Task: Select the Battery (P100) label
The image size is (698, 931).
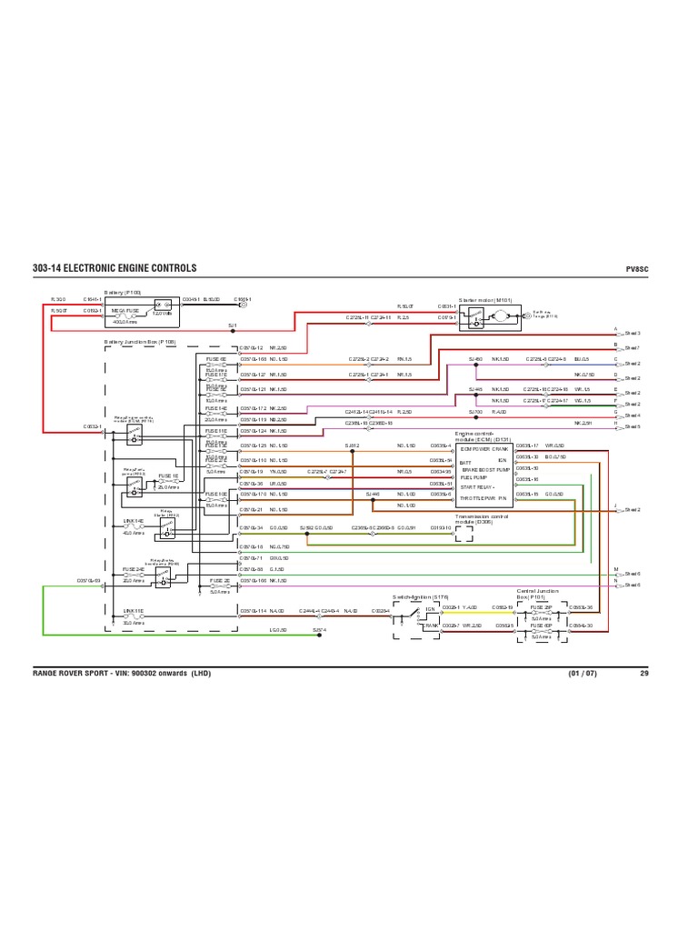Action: pos(122,293)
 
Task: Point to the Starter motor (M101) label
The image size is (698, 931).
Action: pos(485,298)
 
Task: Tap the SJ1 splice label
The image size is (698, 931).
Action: pos(232,325)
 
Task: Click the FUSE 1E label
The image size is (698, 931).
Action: pos(169,476)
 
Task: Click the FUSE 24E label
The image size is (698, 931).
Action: pos(134,570)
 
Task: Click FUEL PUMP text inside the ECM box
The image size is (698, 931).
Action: pos(474,476)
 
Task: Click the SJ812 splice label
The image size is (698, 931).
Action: pos(354,445)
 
